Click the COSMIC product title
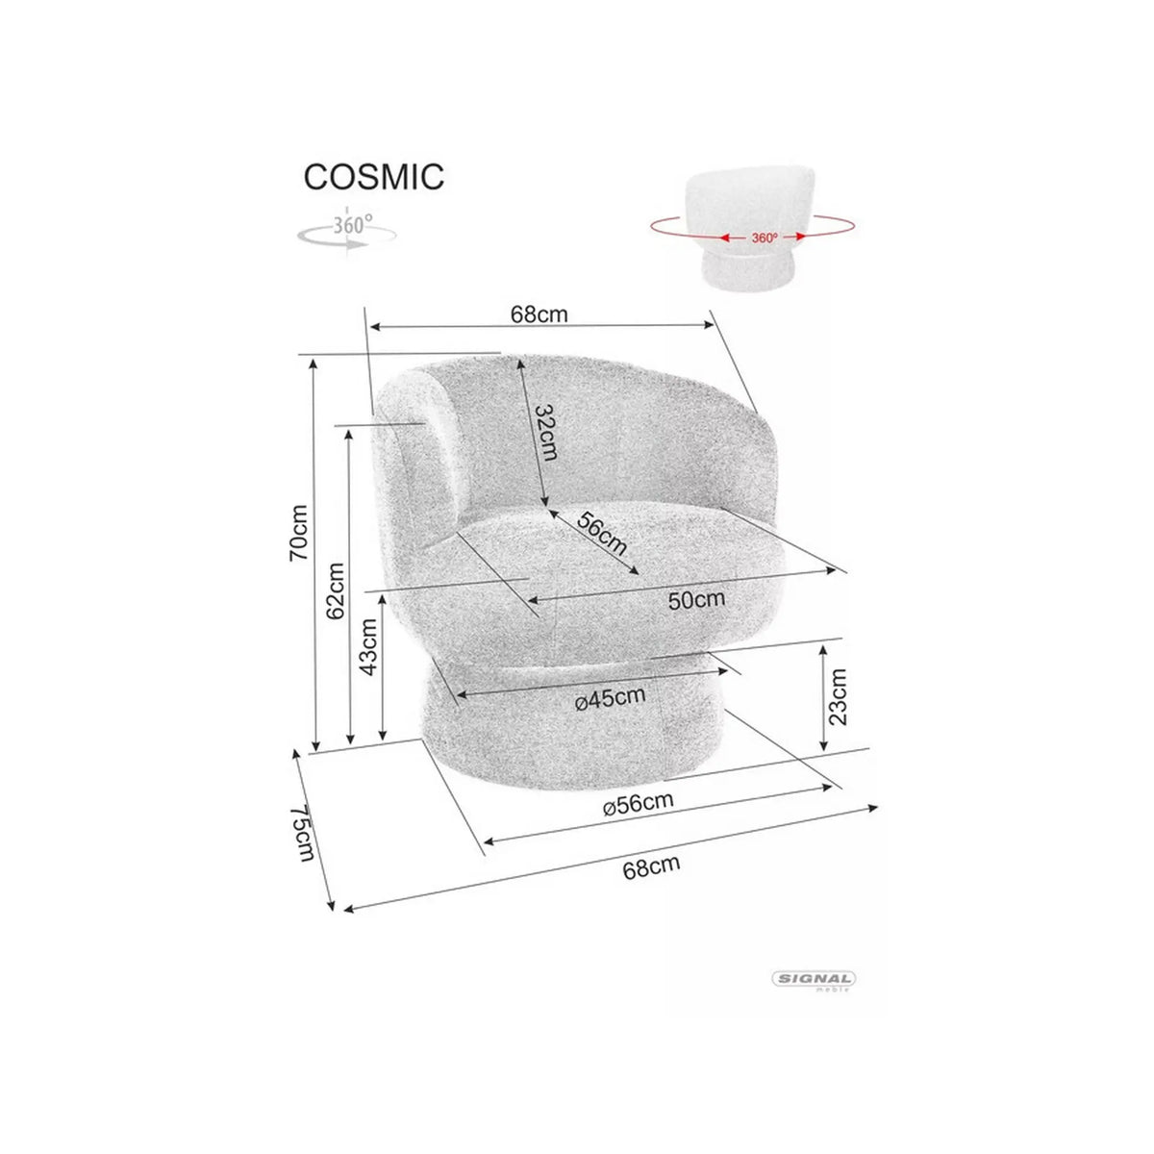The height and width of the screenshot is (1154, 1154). click(x=374, y=177)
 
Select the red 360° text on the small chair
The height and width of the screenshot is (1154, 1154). click(x=765, y=238)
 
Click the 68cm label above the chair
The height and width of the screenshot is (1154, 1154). click(x=539, y=314)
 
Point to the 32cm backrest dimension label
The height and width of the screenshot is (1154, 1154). click(x=545, y=433)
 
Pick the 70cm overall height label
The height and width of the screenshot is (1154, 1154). click(x=299, y=533)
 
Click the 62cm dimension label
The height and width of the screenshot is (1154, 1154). click(x=336, y=591)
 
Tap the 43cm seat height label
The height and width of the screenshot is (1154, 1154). click(x=369, y=647)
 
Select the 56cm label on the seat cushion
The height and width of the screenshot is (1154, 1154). click(x=601, y=534)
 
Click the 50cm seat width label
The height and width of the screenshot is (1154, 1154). click(x=696, y=599)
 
